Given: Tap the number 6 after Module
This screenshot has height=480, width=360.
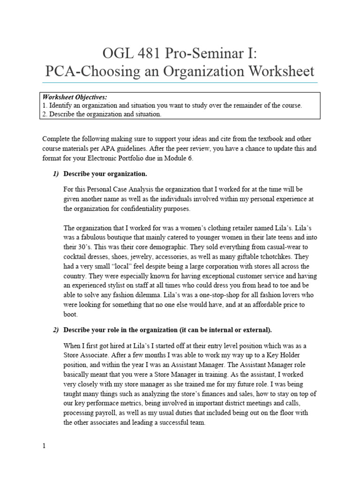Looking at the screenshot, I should click(190, 158).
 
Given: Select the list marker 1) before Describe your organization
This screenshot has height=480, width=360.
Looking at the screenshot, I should click(56, 174).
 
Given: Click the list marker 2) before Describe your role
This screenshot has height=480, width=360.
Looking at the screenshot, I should click(56, 330).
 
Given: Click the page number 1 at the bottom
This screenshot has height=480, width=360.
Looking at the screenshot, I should click(44, 447).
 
